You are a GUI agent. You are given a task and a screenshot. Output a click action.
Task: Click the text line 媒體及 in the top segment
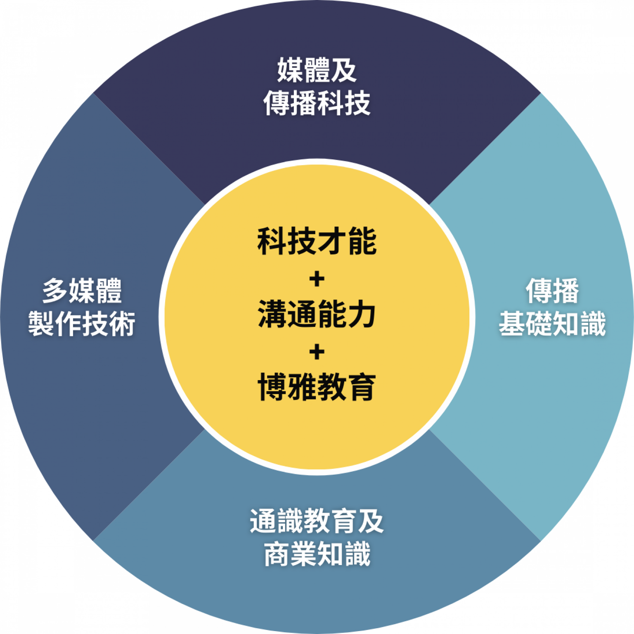click(x=317, y=70)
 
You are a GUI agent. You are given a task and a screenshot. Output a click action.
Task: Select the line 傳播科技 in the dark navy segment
click(x=317, y=103)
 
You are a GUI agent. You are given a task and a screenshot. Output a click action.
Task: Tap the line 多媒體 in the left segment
click(x=82, y=291)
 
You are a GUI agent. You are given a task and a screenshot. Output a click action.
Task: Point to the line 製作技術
click(x=82, y=324)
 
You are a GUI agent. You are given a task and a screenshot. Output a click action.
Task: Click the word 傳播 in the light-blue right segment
click(x=552, y=291)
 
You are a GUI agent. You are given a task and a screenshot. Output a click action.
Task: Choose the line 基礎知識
click(x=552, y=324)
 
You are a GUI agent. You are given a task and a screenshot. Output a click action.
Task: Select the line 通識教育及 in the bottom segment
click(x=317, y=521)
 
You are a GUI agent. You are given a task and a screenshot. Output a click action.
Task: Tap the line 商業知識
click(x=317, y=554)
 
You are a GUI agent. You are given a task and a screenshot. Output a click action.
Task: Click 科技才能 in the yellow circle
click(x=317, y=241)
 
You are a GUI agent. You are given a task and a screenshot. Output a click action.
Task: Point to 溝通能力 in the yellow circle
click(x=317, y=315)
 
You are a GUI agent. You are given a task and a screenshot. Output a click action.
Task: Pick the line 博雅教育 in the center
click(x=317, y=387)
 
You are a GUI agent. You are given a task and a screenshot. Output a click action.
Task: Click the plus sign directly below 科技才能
click(x=317, y=279)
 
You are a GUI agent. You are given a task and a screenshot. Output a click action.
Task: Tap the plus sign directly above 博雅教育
click(x=317, y=352)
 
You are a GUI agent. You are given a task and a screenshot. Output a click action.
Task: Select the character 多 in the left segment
click(x=55, y=291)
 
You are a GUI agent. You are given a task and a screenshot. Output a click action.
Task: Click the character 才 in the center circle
click(x=332, y=241)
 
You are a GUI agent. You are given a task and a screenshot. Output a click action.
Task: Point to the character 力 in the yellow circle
click(x=361, y=315)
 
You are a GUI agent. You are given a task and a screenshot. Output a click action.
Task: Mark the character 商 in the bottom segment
click(x=277, y=554)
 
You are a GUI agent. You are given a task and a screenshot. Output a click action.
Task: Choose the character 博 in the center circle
click(x=272, y=387)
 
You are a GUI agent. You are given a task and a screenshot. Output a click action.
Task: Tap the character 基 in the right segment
click(x=512, y=324)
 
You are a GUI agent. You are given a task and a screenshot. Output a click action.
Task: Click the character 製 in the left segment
click(x=42, y=324)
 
